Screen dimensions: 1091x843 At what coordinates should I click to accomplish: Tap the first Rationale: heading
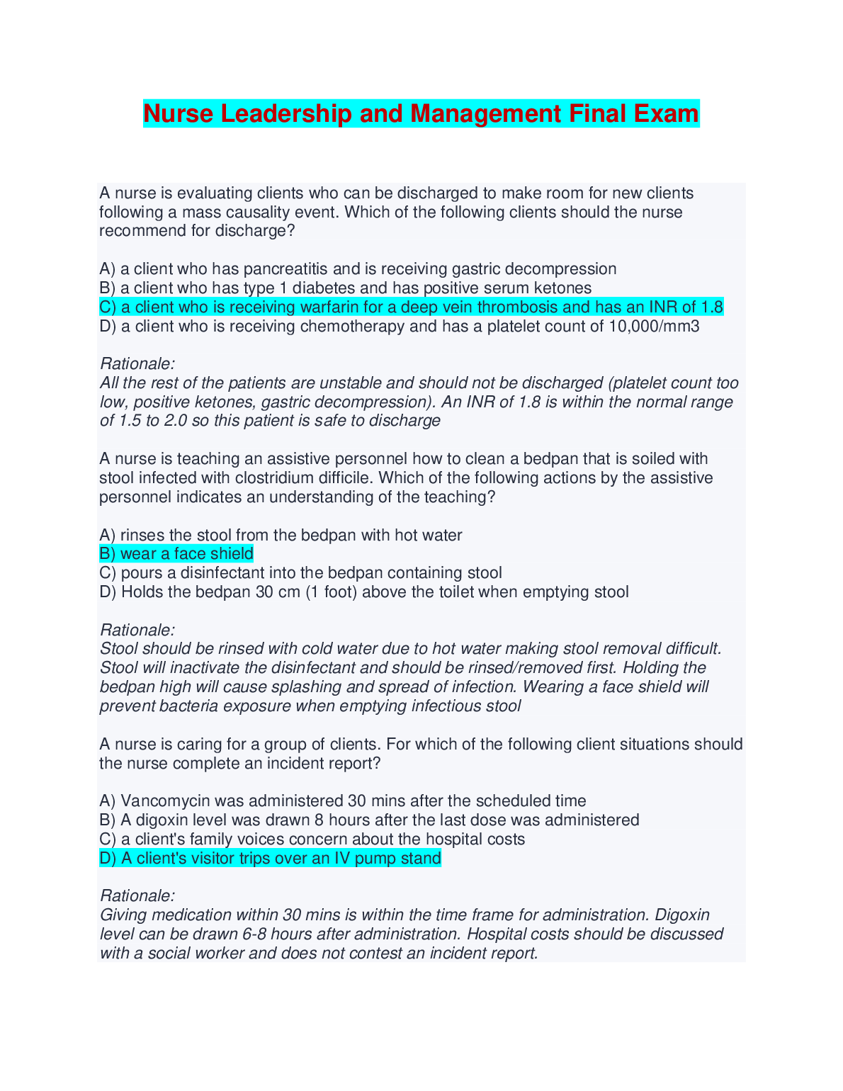click(x=137, y=364)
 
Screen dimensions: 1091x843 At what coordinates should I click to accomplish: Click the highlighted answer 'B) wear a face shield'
click(x=176, y=554)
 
